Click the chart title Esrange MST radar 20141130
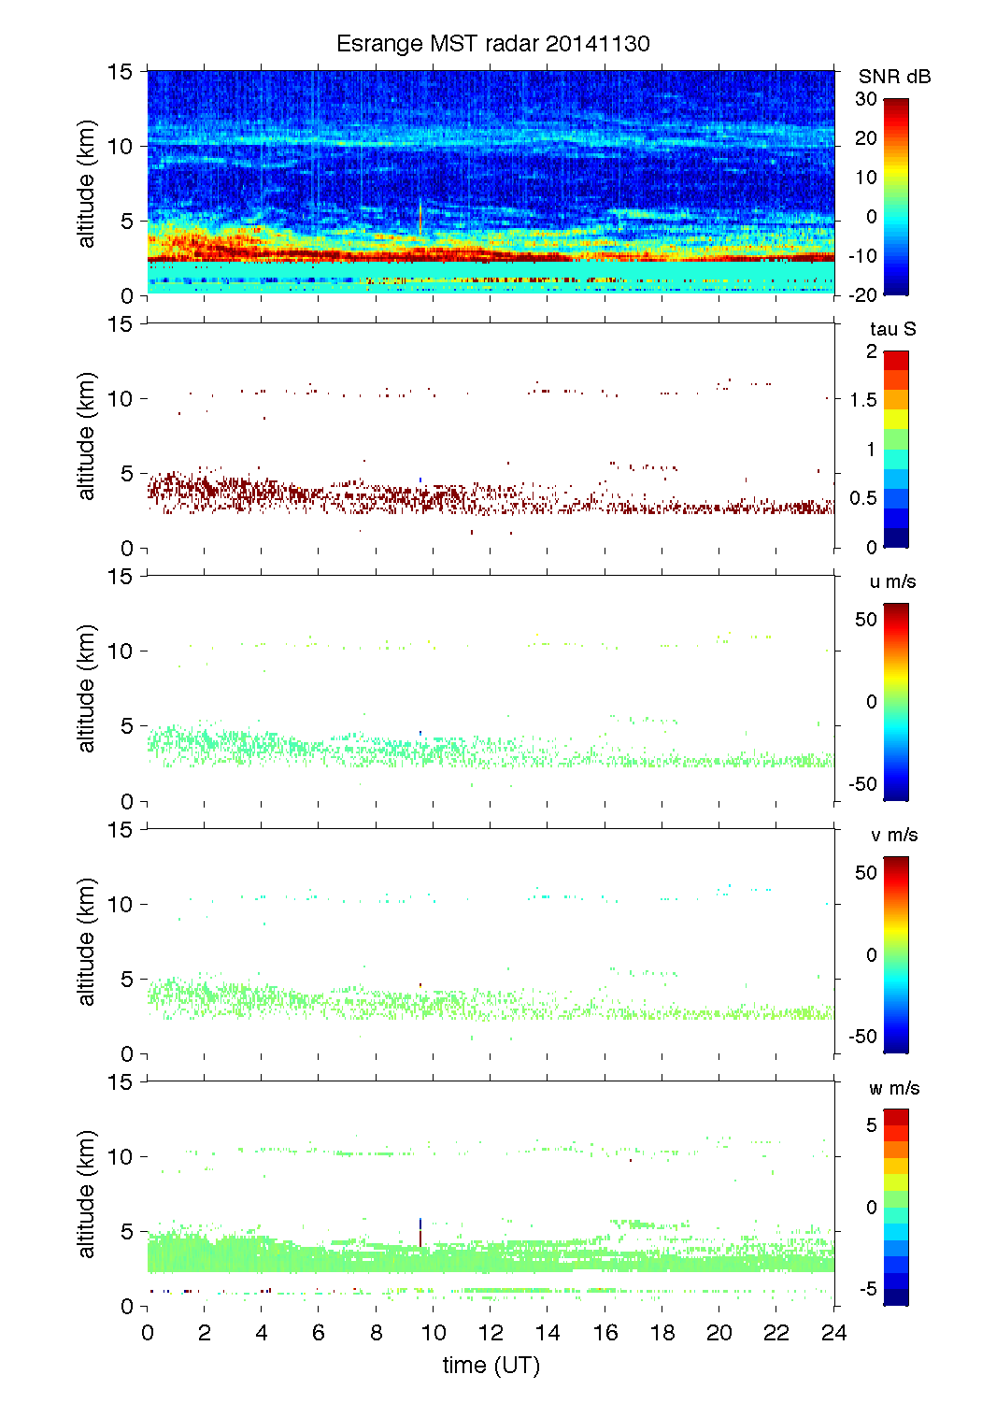[492, 44]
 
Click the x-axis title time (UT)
[491, 1365]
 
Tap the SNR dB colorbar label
[894, 77]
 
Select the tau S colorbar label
[892, 329]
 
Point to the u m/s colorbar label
[892, 581]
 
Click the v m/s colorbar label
[893, 835]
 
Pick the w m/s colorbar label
[894, 1088]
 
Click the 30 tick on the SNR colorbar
[866, 99]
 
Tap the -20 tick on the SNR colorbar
[863, 294]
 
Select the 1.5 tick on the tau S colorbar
[863, 400]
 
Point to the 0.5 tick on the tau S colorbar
[863, 498]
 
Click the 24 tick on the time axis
[833, 1333]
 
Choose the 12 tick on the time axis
[491, 1333]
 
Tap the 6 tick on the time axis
[319, 1333]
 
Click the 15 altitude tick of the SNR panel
[122, 71]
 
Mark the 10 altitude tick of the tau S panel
[122, 399]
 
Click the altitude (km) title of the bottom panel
[87, 1194]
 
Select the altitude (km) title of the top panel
[87, 183]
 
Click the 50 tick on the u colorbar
[866, 620]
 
